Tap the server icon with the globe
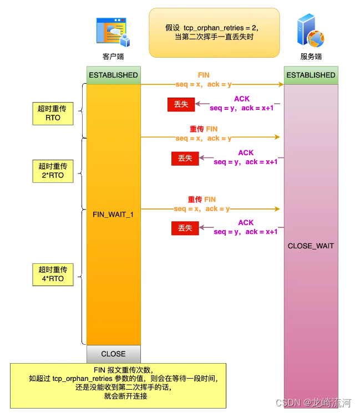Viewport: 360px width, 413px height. click(x=310, y=31)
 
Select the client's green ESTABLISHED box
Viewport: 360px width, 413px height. click(x=114, y=75)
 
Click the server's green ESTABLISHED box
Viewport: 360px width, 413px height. click(x=311, y=75)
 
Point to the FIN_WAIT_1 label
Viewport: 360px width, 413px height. click(x=113, y=214)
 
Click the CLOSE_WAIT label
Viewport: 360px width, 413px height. click(x=311, y=246)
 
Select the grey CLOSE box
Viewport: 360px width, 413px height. click(x=114, y=354)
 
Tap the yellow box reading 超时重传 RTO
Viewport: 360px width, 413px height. click(x=53, y=113)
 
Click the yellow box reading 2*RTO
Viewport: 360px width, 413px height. click(x=53, y=171)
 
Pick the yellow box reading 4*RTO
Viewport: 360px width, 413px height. click(x=53, y=274)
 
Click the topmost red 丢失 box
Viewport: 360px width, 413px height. click(x=181, y=104)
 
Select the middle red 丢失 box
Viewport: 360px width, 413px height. click(x=185, y=159)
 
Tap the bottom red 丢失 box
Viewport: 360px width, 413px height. click(x=185, y=228)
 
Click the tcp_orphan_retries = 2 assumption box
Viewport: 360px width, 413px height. click(x=214, y=32)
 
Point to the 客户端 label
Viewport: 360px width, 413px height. click(x=113, y=57)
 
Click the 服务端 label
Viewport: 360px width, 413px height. click(x=311, y=57)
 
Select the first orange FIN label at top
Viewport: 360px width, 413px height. click(x=204, y=75)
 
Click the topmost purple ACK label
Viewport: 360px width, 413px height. click(x=242, y=99)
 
